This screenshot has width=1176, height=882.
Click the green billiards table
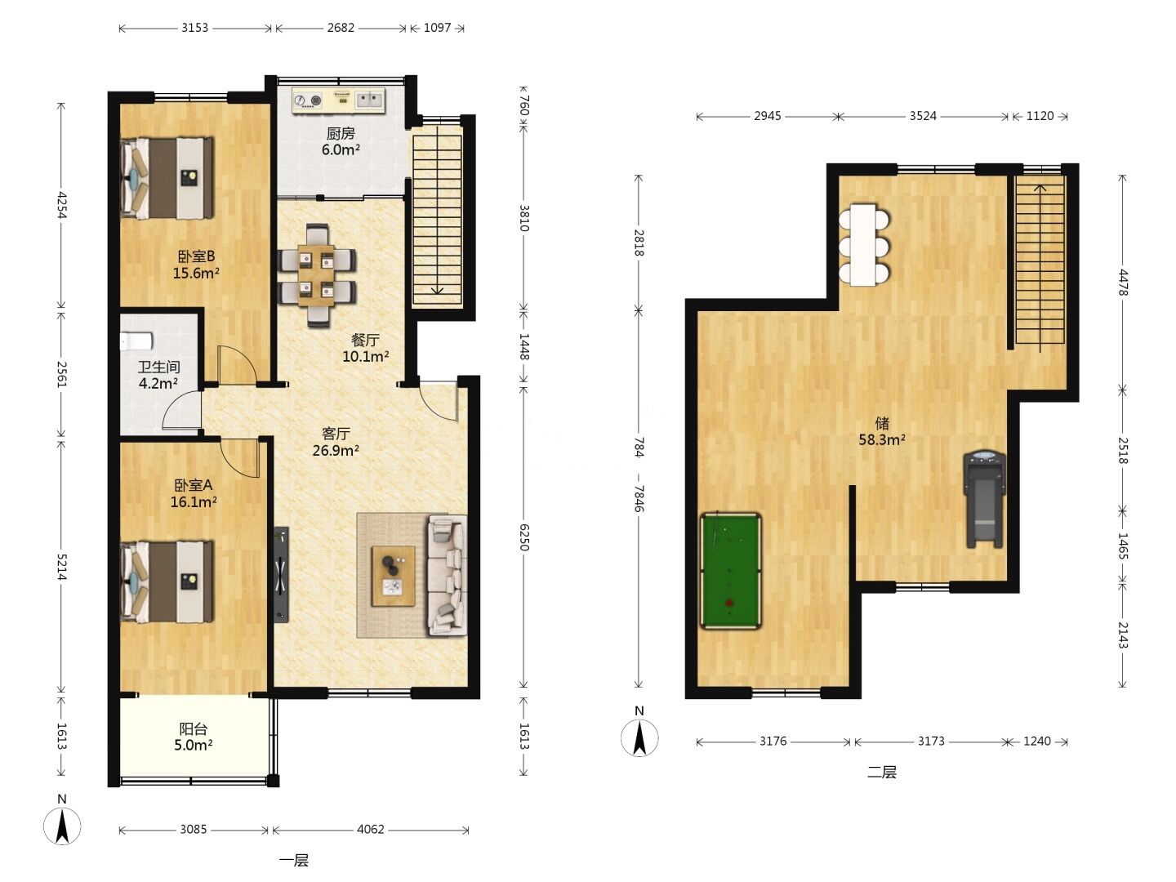tap(730, 571)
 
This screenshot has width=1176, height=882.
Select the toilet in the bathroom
tap(136, 341)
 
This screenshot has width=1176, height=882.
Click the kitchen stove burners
tap(308, 100)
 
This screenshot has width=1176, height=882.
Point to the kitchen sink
tap(370, 100)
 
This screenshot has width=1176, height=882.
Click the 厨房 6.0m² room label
tap(341, 141)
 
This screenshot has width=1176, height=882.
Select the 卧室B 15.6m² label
tap(195, 265)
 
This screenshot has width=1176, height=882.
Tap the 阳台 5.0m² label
tap(193, 737)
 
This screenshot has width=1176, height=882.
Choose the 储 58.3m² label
tap(882, 432)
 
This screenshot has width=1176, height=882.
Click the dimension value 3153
tap(194, 28)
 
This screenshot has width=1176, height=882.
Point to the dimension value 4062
tap(370, 830)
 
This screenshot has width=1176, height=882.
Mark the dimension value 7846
tap(639, 498)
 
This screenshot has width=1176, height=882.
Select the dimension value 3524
tap(923, 116)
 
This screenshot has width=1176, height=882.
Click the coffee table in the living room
tap(394, 577)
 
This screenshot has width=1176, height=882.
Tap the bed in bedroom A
tap(167, 581)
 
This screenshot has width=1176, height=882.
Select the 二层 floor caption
tap(882, 772)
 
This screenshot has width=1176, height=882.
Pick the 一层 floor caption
tap(294, 861)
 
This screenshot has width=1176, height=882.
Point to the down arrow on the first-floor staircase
tap(437, 290)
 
